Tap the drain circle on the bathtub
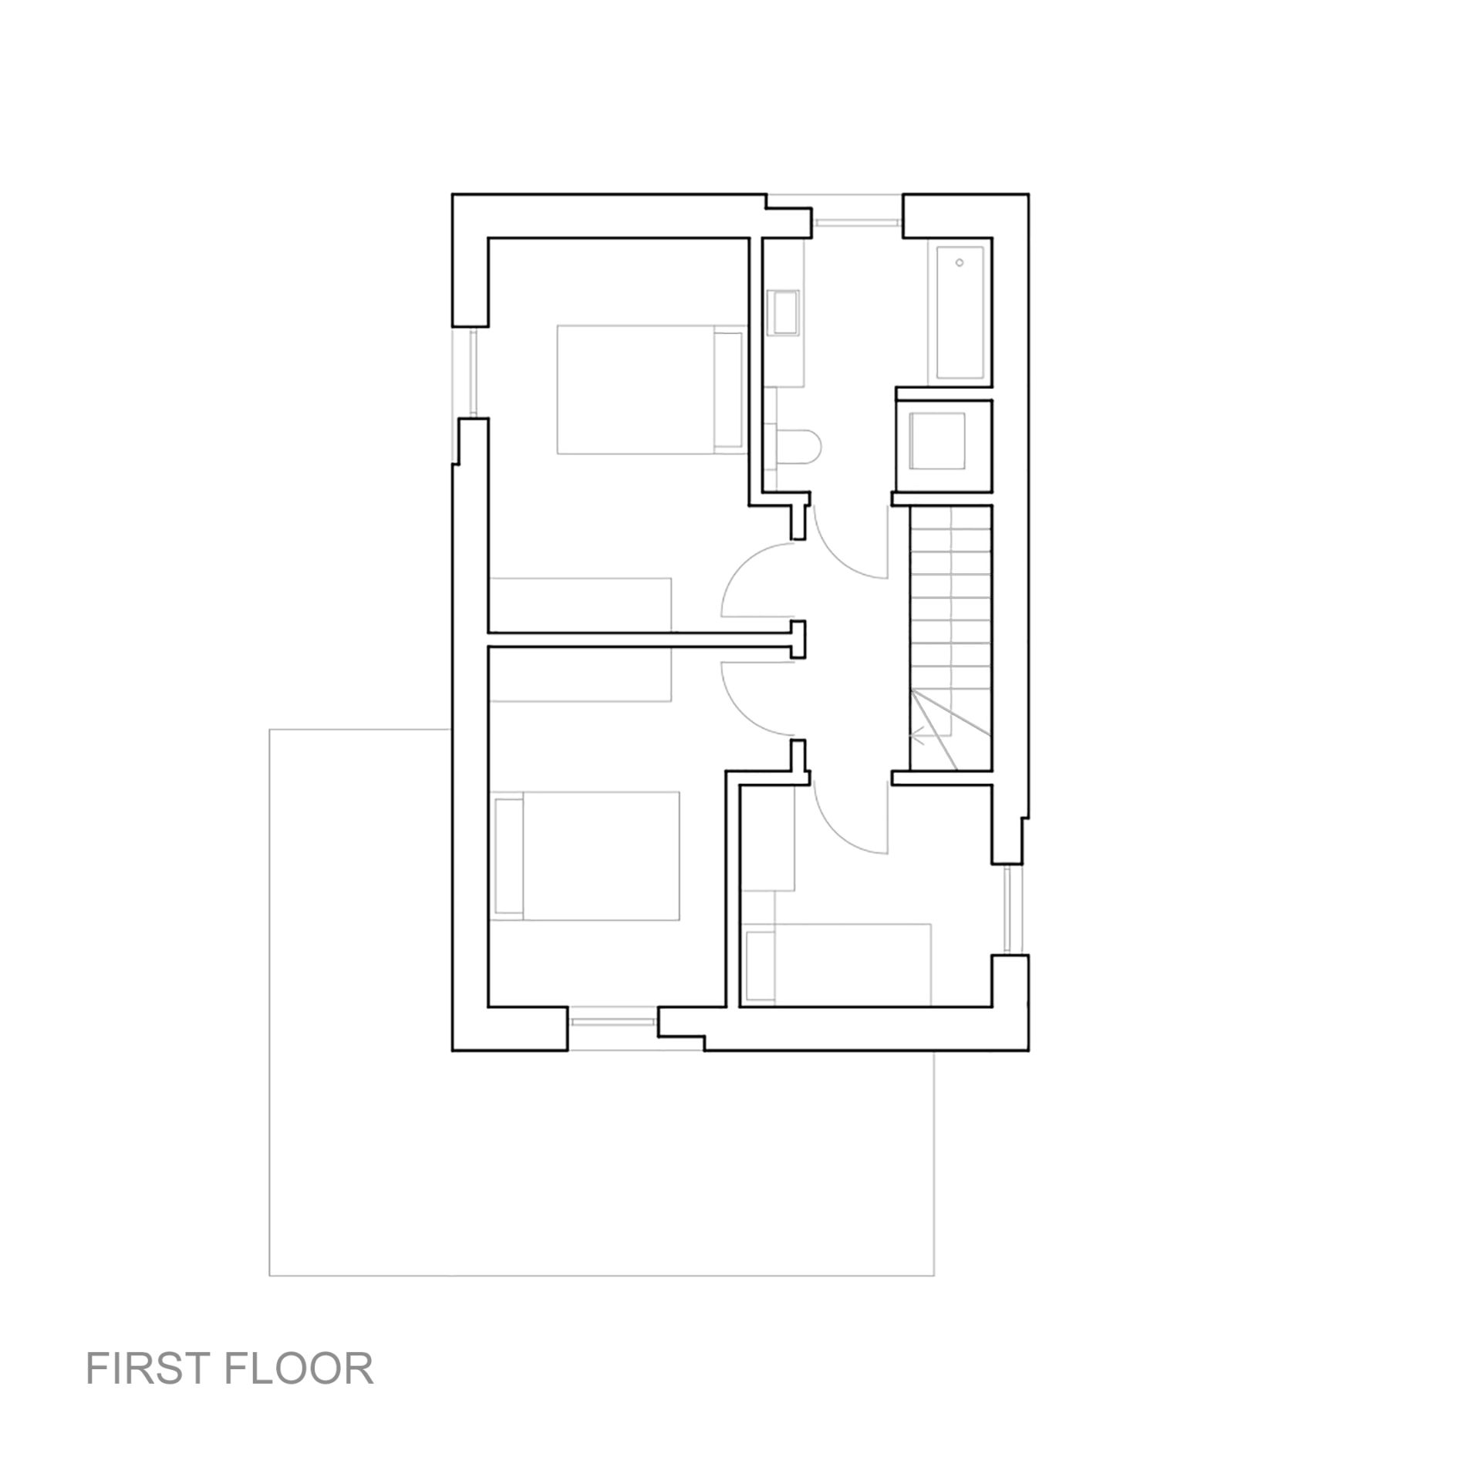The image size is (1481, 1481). pos(960,263)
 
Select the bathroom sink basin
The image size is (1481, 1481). pos(787,312)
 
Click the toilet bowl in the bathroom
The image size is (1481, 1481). pos(803,447)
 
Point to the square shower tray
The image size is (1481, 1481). pos(938,440)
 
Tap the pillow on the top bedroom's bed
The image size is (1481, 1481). pos(728,390)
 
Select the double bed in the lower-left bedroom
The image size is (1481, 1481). pos(585,855)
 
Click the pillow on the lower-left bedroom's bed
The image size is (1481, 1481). pos(509,855)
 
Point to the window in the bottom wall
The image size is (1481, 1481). pos(612,1021)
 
